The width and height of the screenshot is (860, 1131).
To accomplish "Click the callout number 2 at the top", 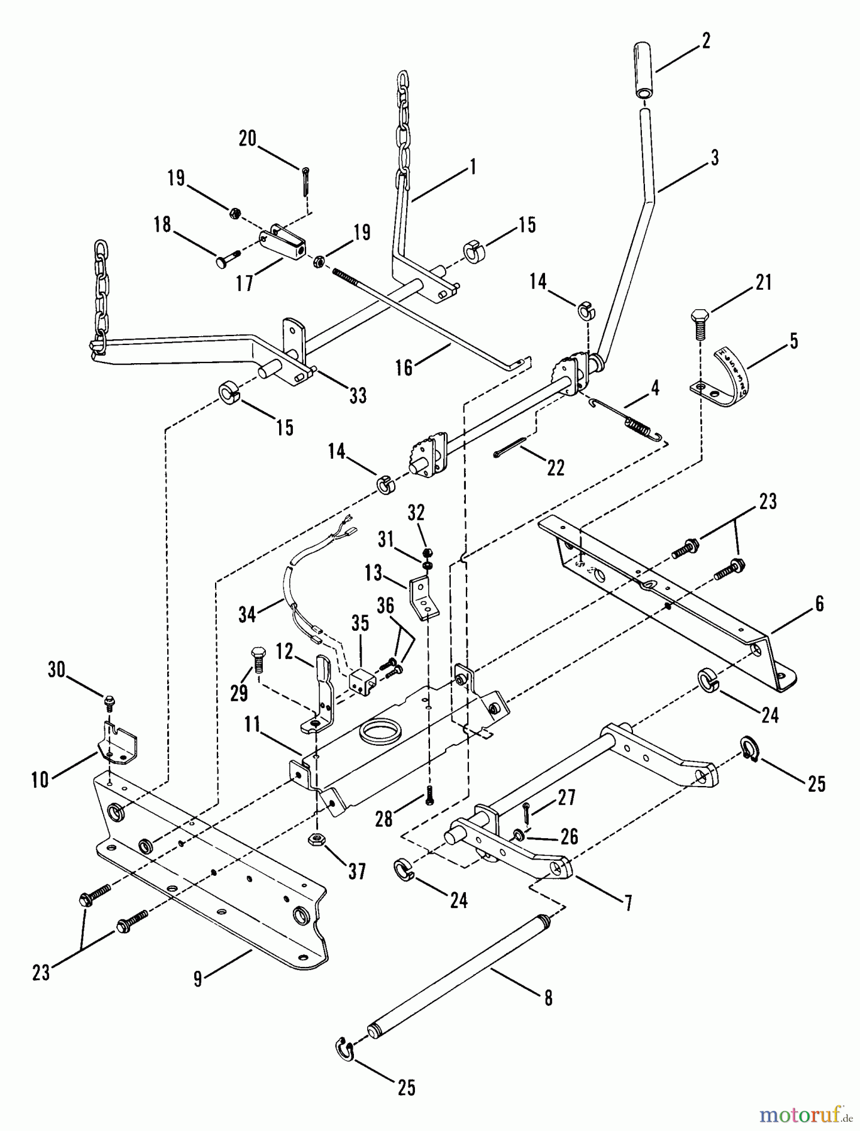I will [x=705, y=41].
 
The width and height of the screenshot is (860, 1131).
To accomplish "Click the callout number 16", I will [x=404, y=367].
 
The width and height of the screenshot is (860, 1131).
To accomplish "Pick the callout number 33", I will [x=358, y=395].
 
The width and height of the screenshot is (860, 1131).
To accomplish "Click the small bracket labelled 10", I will [x=119, y=744].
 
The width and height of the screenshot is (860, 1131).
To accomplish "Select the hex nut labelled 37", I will [x=317, y=839].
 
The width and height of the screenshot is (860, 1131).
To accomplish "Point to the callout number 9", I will [x=198, y=979].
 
